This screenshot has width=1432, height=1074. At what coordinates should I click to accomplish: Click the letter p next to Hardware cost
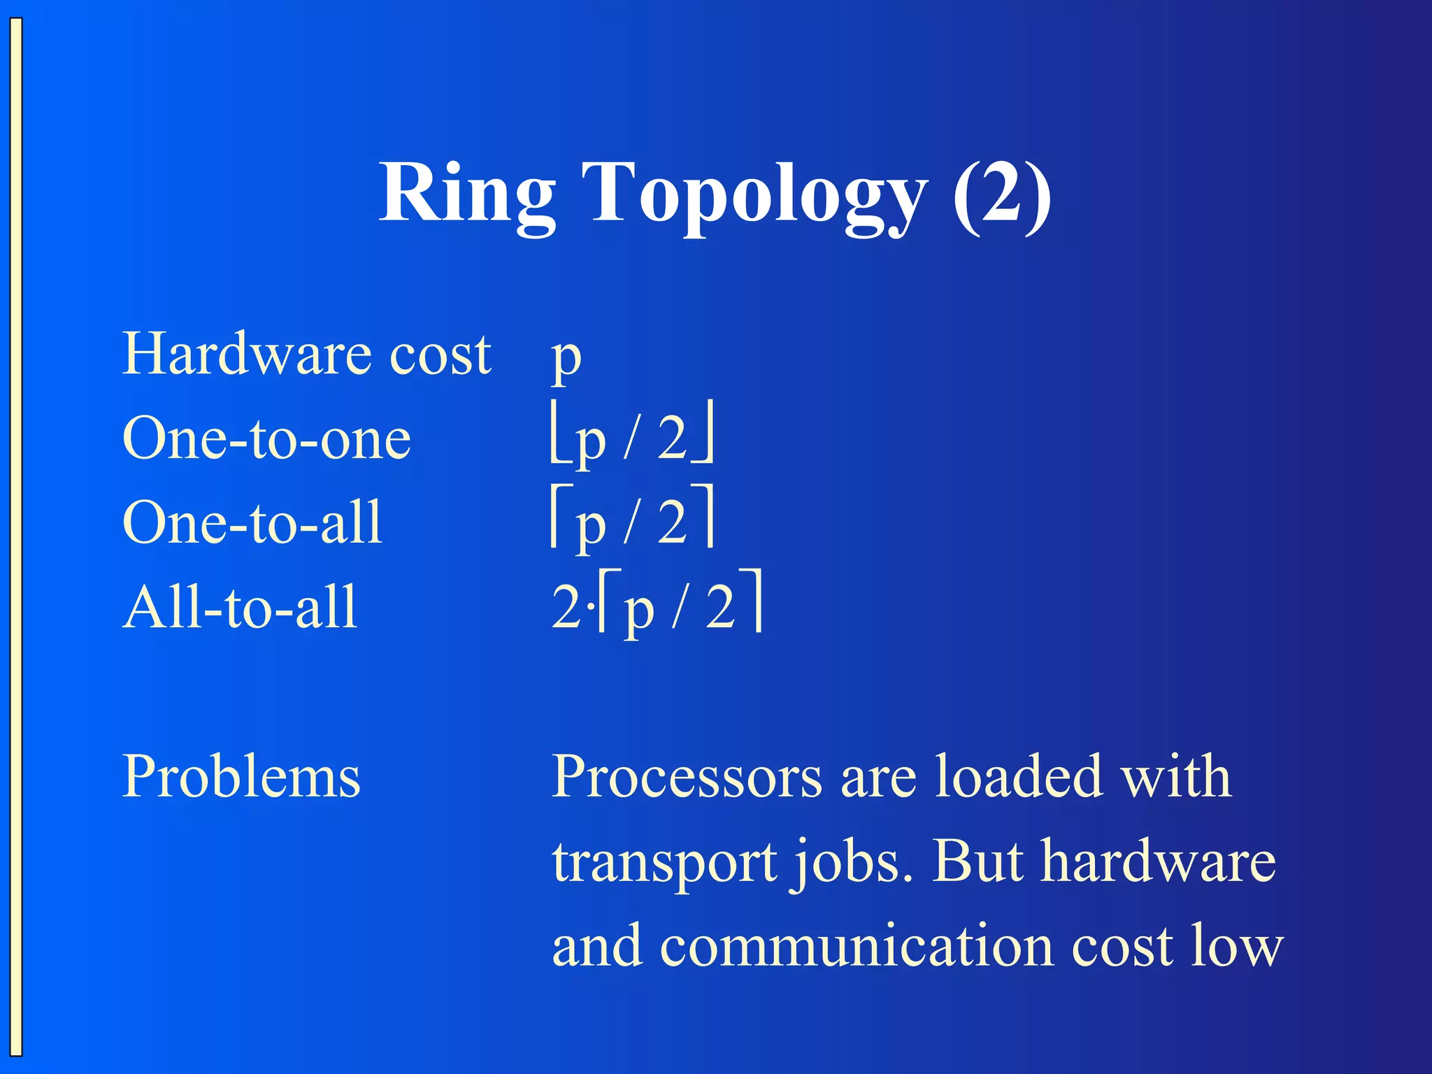pos(566,358)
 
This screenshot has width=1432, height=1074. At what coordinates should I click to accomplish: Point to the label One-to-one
pos(266,439)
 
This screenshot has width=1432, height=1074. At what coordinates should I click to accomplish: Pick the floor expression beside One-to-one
pos(632,439)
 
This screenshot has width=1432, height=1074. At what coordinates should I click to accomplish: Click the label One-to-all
pos(252,523)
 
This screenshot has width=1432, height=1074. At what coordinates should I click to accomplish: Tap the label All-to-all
pos(240,607)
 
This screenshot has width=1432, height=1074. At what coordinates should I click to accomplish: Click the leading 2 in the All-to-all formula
pos(565,607)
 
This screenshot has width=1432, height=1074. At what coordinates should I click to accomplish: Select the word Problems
pos(241,777)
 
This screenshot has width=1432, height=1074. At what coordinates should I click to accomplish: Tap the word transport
pos(664,863)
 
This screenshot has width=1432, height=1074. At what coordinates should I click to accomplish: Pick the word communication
pos(857,946)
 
